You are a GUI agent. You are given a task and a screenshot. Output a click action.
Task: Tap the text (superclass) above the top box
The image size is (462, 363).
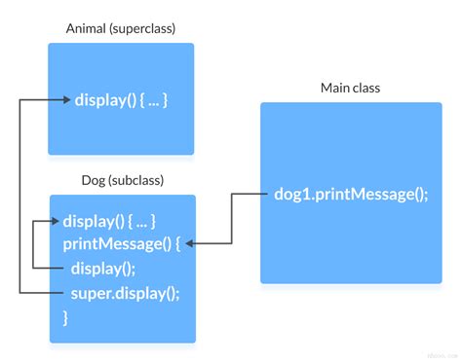tap(143, 28)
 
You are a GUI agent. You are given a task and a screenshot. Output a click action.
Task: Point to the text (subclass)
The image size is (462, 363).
tap(137, 180)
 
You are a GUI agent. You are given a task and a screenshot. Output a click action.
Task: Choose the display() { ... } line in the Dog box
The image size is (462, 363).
tap(109, 221)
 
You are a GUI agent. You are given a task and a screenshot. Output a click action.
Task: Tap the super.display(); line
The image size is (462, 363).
tap(126, 292)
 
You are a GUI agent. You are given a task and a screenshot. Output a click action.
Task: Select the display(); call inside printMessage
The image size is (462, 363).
tap(103, 268)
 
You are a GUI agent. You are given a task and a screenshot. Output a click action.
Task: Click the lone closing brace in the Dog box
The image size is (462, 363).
tap(66, 316)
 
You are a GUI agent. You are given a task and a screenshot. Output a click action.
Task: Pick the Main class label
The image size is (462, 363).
tap(350, 89)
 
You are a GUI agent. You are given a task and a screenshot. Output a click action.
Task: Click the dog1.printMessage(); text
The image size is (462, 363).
tap(352, 194)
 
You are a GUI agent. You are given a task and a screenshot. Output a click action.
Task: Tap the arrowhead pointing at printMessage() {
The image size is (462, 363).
tap(191, 243)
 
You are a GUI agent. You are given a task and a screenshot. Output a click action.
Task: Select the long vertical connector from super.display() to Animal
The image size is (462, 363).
tap(21, 195)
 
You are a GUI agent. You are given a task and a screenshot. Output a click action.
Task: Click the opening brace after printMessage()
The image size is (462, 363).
tap(177, 243)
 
